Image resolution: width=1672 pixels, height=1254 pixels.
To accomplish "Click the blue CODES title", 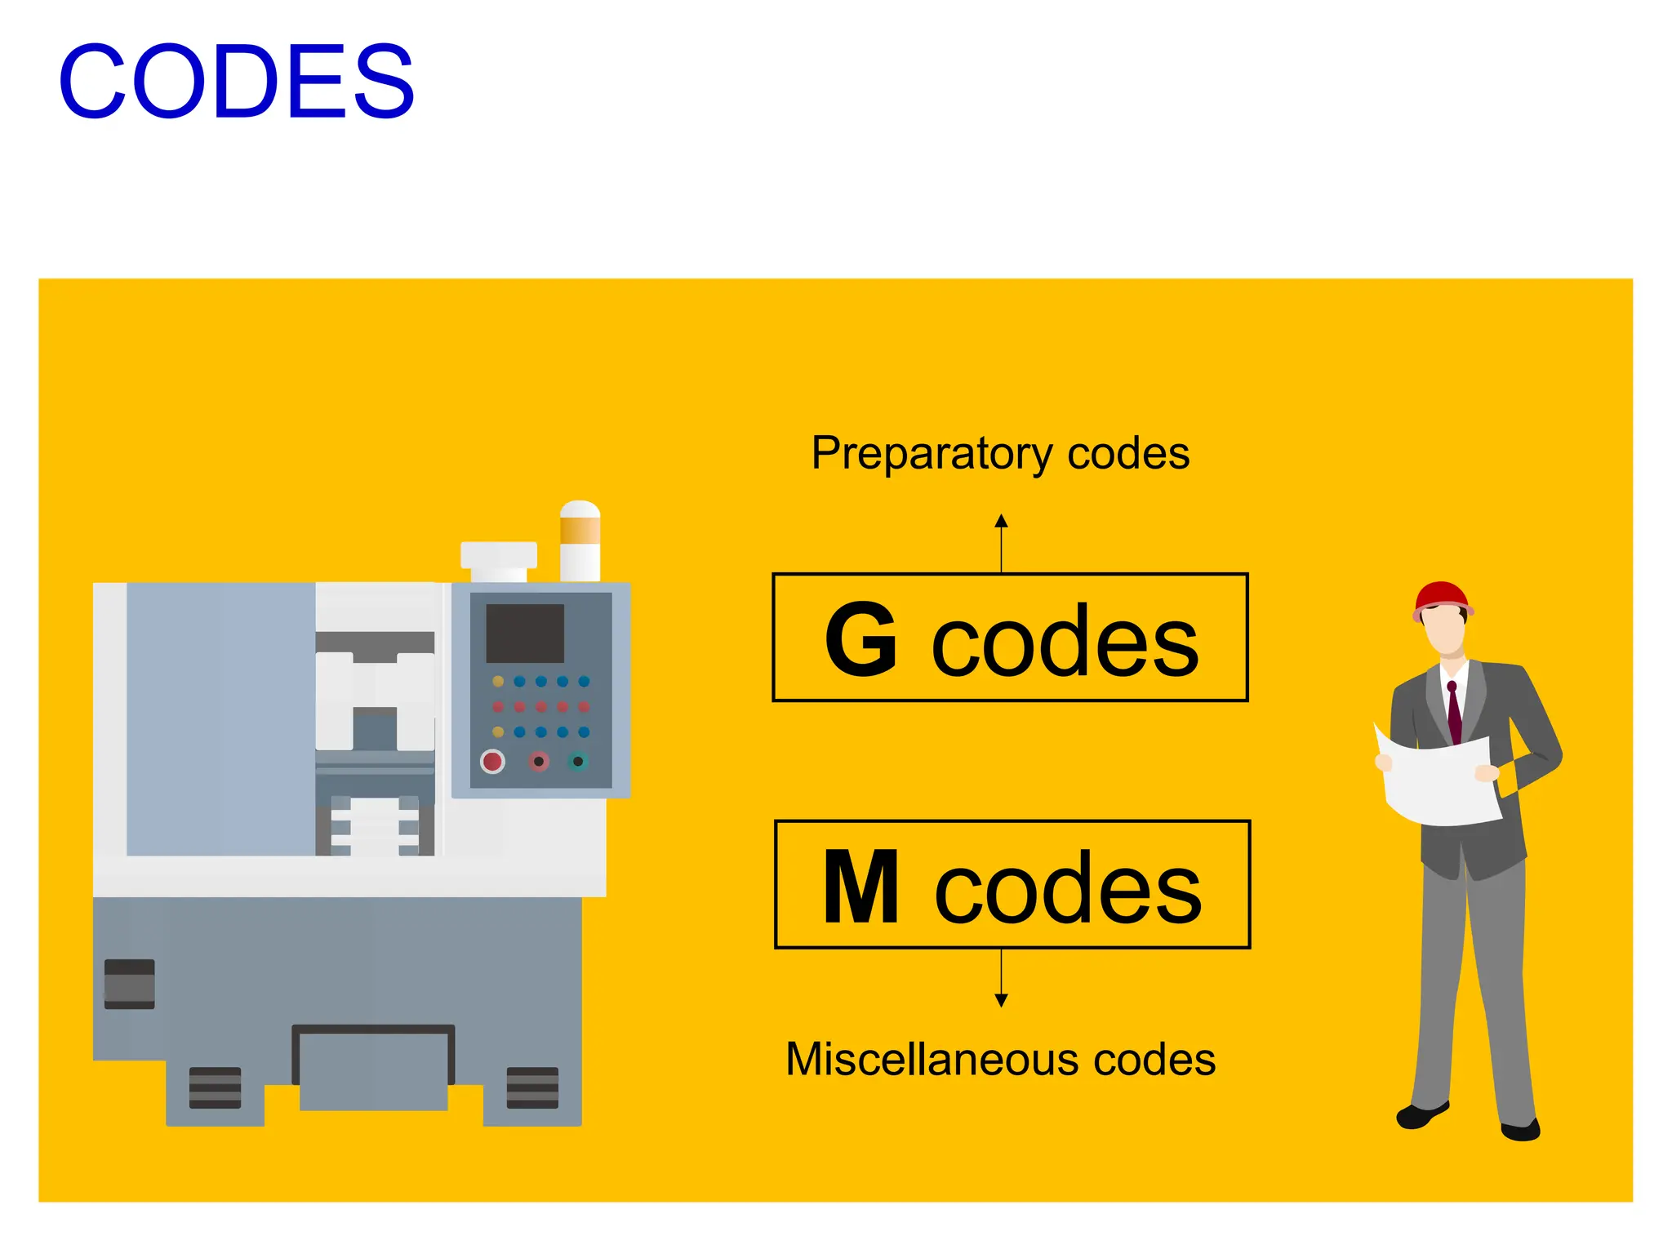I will click(237, 82).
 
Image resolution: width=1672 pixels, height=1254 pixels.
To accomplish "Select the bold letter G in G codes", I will click(860, 639).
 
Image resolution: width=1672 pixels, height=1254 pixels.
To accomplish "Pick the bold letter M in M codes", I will click(860, 887).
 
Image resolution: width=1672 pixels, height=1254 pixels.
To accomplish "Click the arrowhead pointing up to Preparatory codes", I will click(1002, 521).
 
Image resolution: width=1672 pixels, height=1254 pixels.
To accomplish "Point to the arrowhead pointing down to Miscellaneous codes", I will click(1002, 1000).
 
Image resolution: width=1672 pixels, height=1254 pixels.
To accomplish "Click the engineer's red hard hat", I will click(1442, 597).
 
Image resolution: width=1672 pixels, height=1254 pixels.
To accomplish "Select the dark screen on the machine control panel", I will click(525, 634).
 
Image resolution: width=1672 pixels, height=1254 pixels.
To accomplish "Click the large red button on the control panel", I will click(492, 762).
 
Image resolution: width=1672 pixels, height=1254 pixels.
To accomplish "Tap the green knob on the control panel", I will click(578, 762).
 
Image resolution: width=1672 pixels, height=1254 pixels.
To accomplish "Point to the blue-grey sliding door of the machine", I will click(220, 718).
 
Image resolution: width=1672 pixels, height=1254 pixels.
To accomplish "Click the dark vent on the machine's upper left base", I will click(130, 984).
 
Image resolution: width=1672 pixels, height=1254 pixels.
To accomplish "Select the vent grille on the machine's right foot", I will click(532, 1087).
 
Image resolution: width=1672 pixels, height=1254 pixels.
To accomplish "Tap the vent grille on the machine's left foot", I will click(215, 1087).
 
